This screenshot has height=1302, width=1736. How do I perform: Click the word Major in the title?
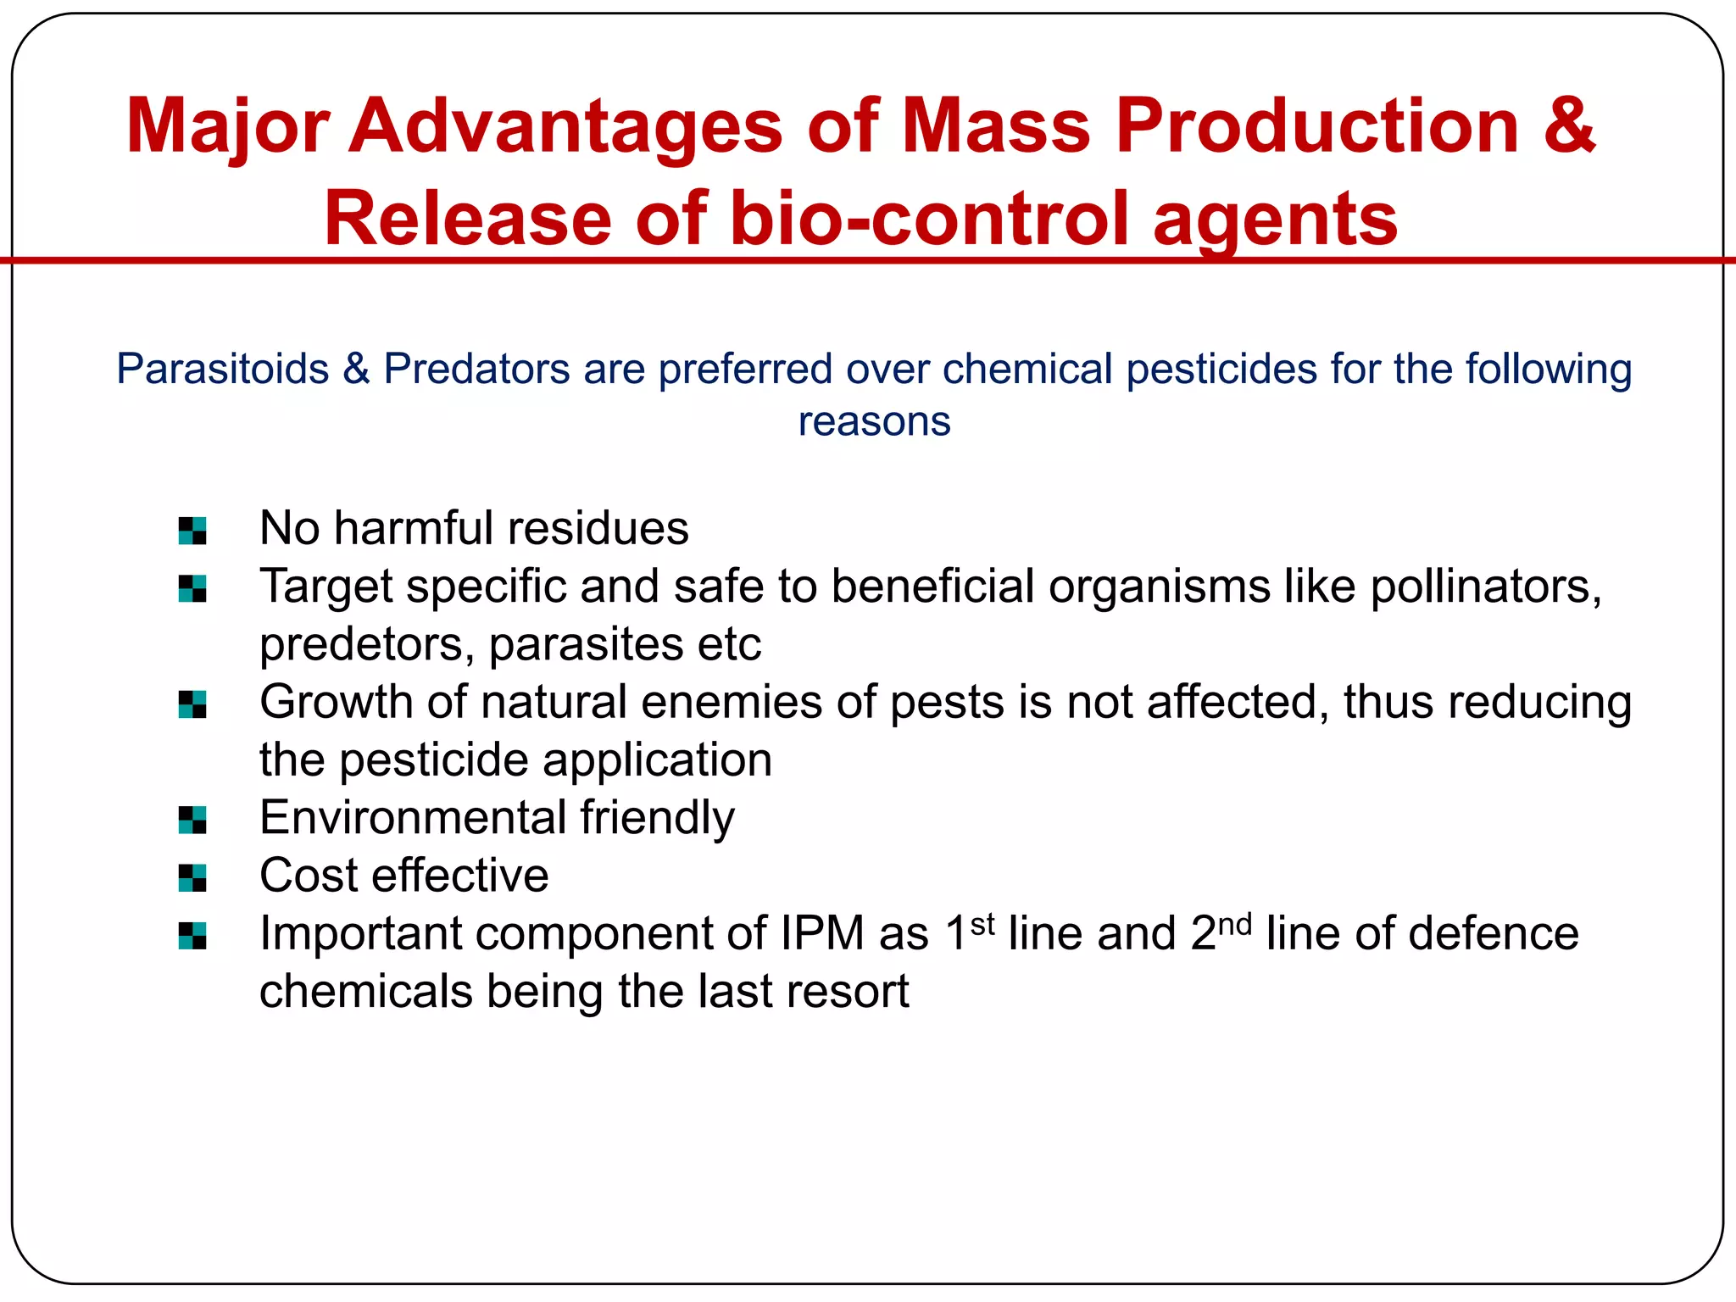[226, 127]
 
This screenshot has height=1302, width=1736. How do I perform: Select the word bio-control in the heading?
[929, 219]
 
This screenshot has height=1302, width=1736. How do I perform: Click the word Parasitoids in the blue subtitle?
[222, 370]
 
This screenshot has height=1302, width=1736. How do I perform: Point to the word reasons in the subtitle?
[874, 421]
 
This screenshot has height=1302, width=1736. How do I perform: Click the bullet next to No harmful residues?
[192, 531]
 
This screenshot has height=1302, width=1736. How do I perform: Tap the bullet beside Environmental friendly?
[192, 820]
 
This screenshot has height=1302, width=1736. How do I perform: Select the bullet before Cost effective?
[192, 877]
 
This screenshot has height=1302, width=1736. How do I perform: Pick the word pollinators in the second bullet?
[1485, 587]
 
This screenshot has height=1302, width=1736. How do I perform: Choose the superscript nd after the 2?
[1234, 924]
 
